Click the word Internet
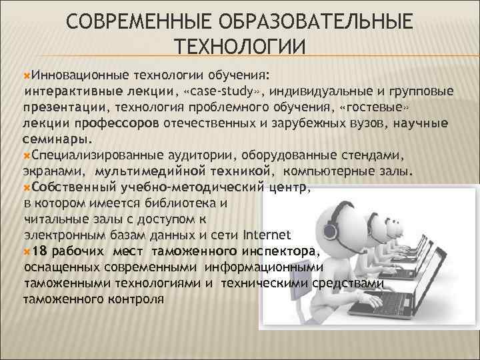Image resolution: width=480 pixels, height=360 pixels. click(x=267, y=235)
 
